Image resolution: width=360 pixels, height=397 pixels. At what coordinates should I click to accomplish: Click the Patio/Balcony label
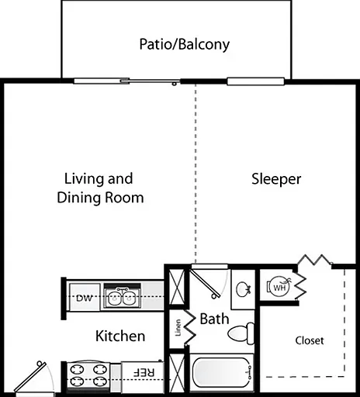[185, 44]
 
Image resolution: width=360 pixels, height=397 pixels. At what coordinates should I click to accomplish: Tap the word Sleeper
[276, 179]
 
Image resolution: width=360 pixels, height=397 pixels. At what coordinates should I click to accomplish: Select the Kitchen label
[120, 336]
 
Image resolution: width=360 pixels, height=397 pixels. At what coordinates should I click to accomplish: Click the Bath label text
[214, 319]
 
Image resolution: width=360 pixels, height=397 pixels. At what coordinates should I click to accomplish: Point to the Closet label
[310, 340]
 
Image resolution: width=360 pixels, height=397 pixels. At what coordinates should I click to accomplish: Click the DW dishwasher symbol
[85, 297]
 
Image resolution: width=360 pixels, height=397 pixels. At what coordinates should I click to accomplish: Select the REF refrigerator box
[143, 376]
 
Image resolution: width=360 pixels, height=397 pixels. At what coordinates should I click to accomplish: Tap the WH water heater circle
[279, 287]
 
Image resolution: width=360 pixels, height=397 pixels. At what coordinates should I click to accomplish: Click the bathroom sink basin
[243, 289]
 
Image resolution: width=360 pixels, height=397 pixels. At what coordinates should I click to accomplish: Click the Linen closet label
[178, 328]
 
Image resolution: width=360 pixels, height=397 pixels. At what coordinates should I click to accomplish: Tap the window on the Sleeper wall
[255, 81]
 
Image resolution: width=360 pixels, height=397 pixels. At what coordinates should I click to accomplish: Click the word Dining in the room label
[79, 198]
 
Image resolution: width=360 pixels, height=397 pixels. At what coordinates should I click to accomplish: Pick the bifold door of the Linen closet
[189, 326]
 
